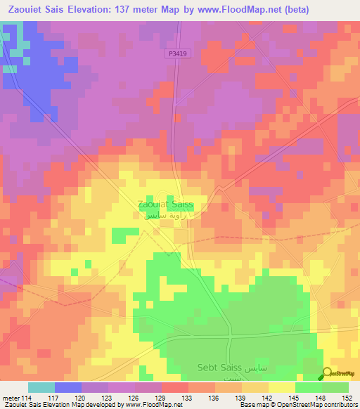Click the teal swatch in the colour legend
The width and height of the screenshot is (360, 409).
coord(41,387)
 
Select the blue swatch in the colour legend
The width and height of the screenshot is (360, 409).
coord(68,387)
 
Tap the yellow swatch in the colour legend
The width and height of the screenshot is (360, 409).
coord(282,387)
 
